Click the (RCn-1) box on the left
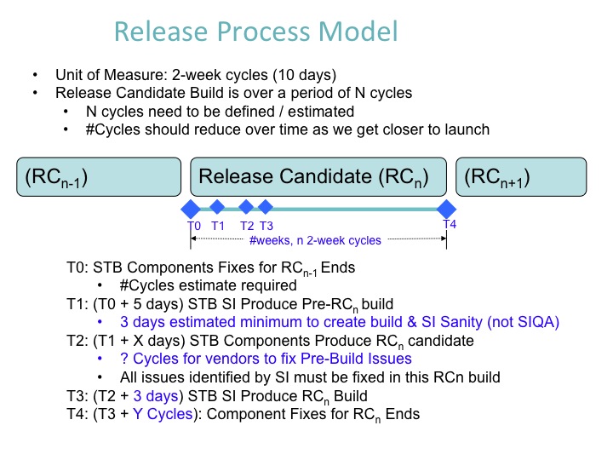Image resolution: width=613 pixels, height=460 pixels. pyautogui.click(x=99, y=178)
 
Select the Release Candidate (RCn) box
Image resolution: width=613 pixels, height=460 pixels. pyautogui.click(x=318, y=178)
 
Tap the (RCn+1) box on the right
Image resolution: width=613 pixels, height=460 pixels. pyautogui.click(x=522, y=178)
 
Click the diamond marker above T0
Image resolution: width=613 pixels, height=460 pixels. pyautogui.click(x=191, y=209)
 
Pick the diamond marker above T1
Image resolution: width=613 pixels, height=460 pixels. pyautogui.click(x=217, y=206)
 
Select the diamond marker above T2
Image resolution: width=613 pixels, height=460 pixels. pyautogui.click(x=246, y=206)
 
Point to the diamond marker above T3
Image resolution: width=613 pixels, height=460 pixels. pyautogui.click(x=266, y=206)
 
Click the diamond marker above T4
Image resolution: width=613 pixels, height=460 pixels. pyautogui.click(x=446, y=209)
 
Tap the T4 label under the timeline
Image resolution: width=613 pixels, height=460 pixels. pyautogui.click(x=450, y=224)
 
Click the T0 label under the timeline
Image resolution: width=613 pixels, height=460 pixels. pyautogui.click(x=194, y=226)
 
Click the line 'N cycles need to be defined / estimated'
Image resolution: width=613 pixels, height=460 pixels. pyautogui.click(x=220, y=111)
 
